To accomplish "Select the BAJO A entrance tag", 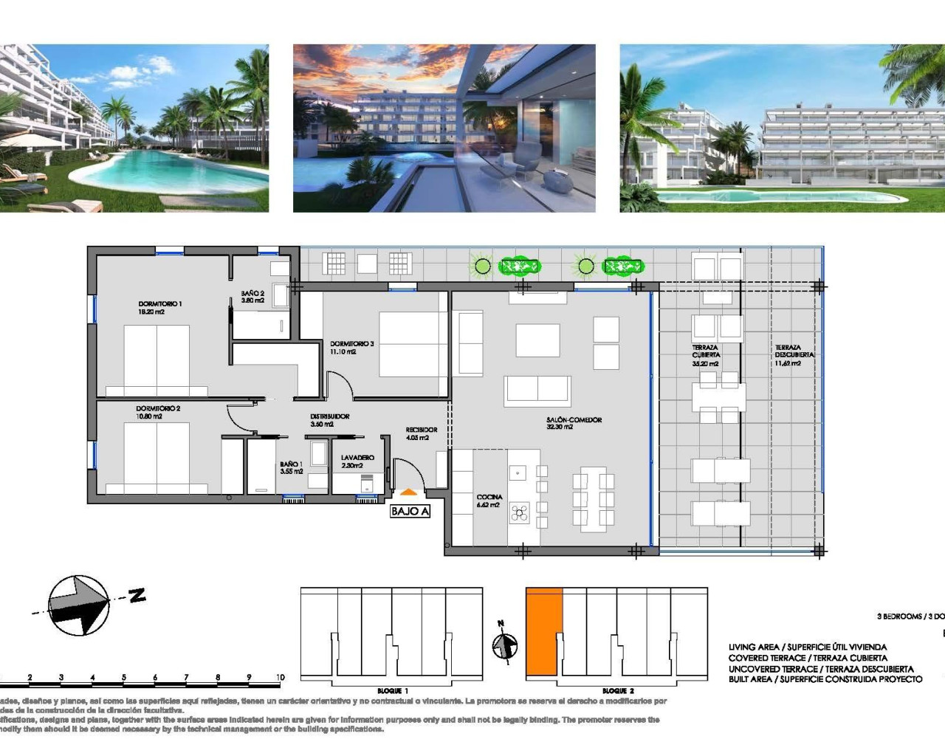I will pos(410,511).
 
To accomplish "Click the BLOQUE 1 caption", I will pos(393,691).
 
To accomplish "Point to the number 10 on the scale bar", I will pos(280,677).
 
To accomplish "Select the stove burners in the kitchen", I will pos(520,512).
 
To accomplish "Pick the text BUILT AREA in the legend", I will pos(750,679).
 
